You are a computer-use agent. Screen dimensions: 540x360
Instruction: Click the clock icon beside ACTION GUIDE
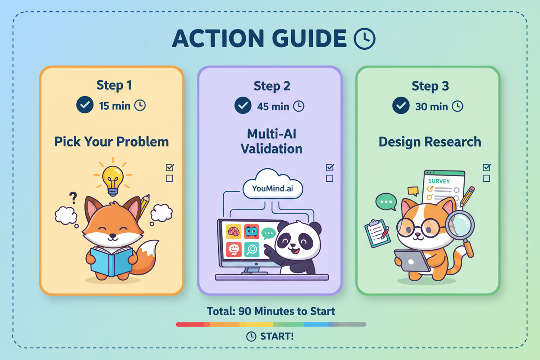[364, 39]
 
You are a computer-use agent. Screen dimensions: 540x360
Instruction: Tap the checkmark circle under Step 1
[85, 105]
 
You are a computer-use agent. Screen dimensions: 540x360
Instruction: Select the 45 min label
[273, 106]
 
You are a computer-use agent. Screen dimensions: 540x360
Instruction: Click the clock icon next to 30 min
[457, 106]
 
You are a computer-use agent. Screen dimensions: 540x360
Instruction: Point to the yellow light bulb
[113, 180]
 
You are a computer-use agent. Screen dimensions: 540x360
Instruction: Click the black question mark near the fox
[73, 198]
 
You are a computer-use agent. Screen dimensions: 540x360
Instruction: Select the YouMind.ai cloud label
[273, 188]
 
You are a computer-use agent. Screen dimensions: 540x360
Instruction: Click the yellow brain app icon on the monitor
[234, 231]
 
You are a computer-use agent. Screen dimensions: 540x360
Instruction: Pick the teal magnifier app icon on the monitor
[252, 250]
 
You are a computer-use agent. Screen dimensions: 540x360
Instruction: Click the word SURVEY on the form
[439, 181]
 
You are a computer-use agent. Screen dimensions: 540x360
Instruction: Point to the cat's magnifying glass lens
[460, 225]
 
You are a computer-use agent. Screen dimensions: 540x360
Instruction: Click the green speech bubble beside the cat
[386, 202]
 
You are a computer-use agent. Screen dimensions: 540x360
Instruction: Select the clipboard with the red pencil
[377, 233]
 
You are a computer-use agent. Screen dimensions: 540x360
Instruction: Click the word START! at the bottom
[277, 336]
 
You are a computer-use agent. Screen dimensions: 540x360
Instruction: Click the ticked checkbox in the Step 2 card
[330, 167]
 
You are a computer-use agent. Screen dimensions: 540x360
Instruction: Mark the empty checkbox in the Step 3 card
[486, 178]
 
